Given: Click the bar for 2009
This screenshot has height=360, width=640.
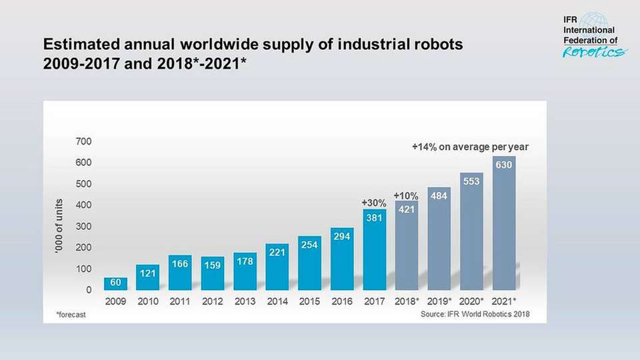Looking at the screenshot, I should click(115, 284).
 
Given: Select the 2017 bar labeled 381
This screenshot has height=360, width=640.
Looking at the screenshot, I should click(375, 250).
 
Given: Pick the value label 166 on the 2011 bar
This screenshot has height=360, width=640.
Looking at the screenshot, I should click(180, 264).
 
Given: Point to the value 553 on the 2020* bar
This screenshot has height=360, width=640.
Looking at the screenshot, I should click(471, 181).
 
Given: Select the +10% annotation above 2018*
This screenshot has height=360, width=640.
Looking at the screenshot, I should click(406, 195).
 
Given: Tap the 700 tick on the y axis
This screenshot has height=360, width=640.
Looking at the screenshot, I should click(84, 141).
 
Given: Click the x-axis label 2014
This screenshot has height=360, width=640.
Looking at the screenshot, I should click(277, 301).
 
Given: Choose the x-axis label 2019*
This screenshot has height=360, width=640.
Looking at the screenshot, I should click(441, 301).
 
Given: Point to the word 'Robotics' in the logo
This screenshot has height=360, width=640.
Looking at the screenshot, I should click(595, 53).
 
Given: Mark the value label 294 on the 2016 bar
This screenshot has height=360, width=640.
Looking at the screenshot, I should click(342, 237).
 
